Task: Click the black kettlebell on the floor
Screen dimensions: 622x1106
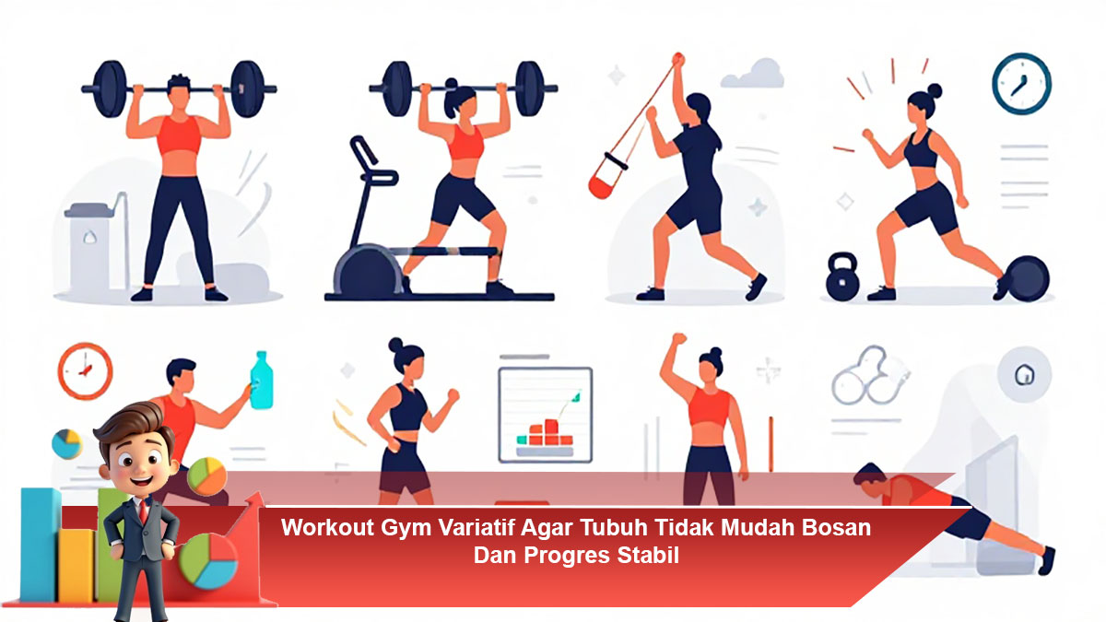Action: click(x=841, y=278)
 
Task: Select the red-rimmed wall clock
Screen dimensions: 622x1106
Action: click(x=85, y=370)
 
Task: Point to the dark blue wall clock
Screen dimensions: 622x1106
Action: click(x=1021, y=83)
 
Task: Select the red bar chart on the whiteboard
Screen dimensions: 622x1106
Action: click(x=544, y=432)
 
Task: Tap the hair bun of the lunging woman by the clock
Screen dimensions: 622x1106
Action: click(x=935, y=90)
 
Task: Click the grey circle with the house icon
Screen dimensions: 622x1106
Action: click(x=1022, y=376)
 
